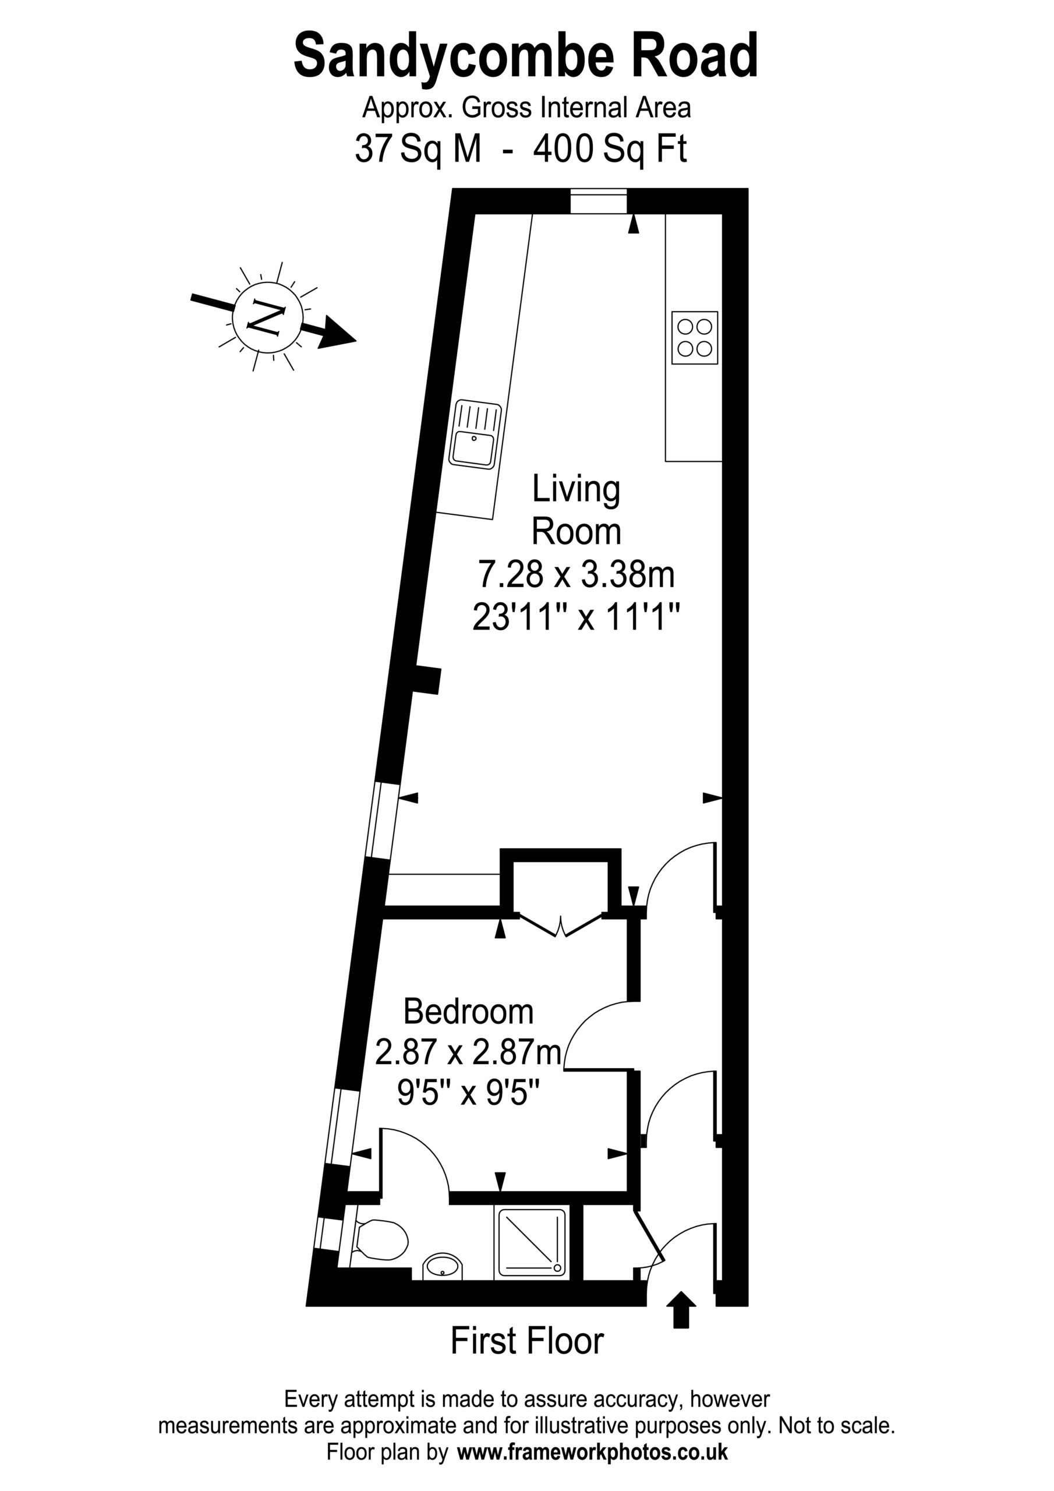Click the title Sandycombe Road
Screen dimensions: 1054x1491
(x=526, y=57)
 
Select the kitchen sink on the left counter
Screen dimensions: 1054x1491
(x=475, y=434)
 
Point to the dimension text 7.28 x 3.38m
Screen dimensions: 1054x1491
(x=576, y=574)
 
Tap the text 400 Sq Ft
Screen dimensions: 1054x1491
(x=610, y=149)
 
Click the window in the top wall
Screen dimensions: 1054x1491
(x=599, y=201)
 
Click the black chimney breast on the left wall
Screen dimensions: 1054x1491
(x=428, y=680)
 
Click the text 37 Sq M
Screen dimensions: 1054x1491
(x=418, y=149)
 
